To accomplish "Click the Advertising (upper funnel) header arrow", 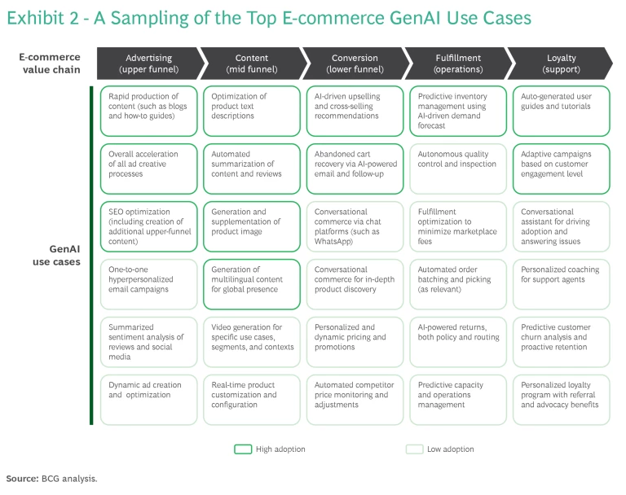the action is [149, 64].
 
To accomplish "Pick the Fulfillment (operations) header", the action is [459, 64].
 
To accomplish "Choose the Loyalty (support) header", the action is [560, 64].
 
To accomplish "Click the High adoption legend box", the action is [243, 449].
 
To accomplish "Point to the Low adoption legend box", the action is [414, 449].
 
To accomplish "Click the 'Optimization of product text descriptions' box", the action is [252, 111].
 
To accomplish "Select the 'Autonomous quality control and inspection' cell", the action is [458, 169].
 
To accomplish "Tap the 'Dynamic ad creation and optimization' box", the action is [148, 400].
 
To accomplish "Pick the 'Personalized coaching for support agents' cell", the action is [562, 284].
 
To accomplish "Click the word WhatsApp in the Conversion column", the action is [333, 241].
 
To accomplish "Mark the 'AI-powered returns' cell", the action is [458, 342].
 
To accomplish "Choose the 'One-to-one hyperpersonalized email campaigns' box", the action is [148, 284].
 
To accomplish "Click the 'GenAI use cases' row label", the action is [56, 256].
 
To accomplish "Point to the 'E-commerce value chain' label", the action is [50, 63].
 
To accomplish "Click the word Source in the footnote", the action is [22, 479].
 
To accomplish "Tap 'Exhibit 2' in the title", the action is [42, 18].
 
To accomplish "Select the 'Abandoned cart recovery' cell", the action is [355, 169].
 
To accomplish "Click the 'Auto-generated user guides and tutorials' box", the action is [562, 111].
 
